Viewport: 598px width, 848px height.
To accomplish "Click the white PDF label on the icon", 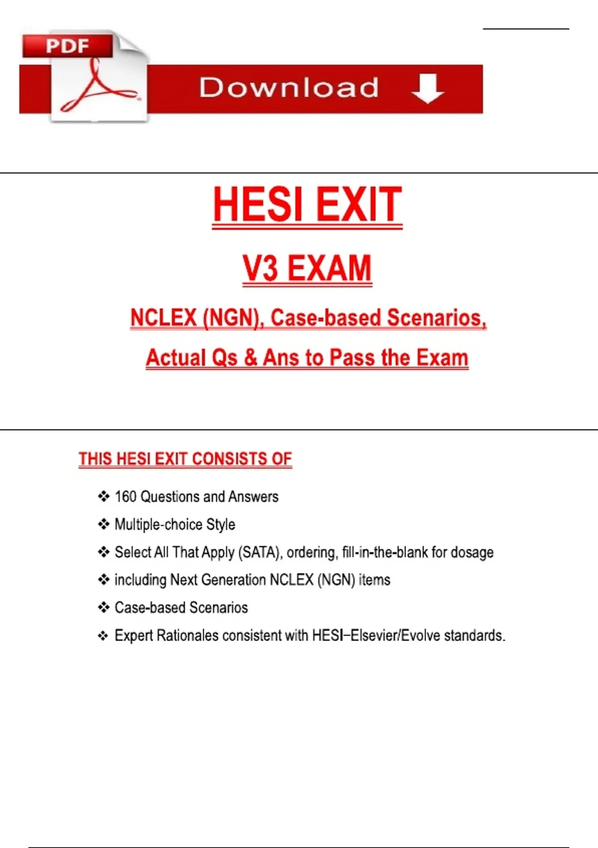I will coord(67,46).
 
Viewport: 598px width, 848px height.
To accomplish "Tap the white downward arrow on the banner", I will coord(428,88).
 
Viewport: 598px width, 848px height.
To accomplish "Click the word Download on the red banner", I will coord(289,88).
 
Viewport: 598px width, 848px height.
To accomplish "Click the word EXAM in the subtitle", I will coord(329,268).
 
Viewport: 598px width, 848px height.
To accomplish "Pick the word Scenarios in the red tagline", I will coord(437,318).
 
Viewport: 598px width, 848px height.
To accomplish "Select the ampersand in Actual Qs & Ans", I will coord(250,358).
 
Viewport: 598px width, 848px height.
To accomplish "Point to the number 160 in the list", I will coord(125,497).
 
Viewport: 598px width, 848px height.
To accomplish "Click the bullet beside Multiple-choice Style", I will coord(104,524).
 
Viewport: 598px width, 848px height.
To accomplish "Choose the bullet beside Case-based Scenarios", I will coord(104,608).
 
